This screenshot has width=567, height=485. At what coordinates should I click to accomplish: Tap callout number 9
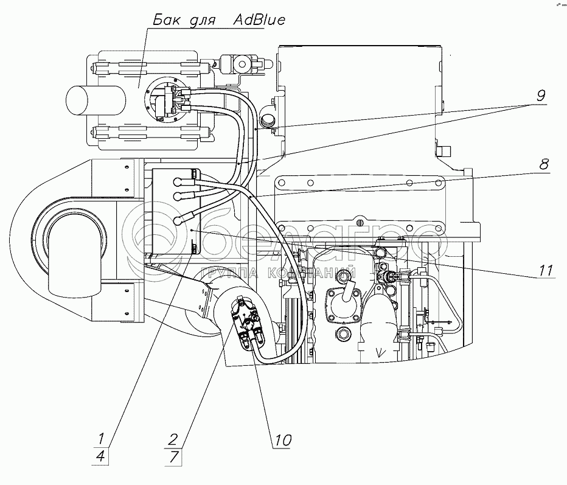541,95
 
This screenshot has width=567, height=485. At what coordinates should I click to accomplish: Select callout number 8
543,164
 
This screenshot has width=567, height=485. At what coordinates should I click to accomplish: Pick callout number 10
282,439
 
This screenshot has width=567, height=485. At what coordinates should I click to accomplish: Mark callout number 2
173,438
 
